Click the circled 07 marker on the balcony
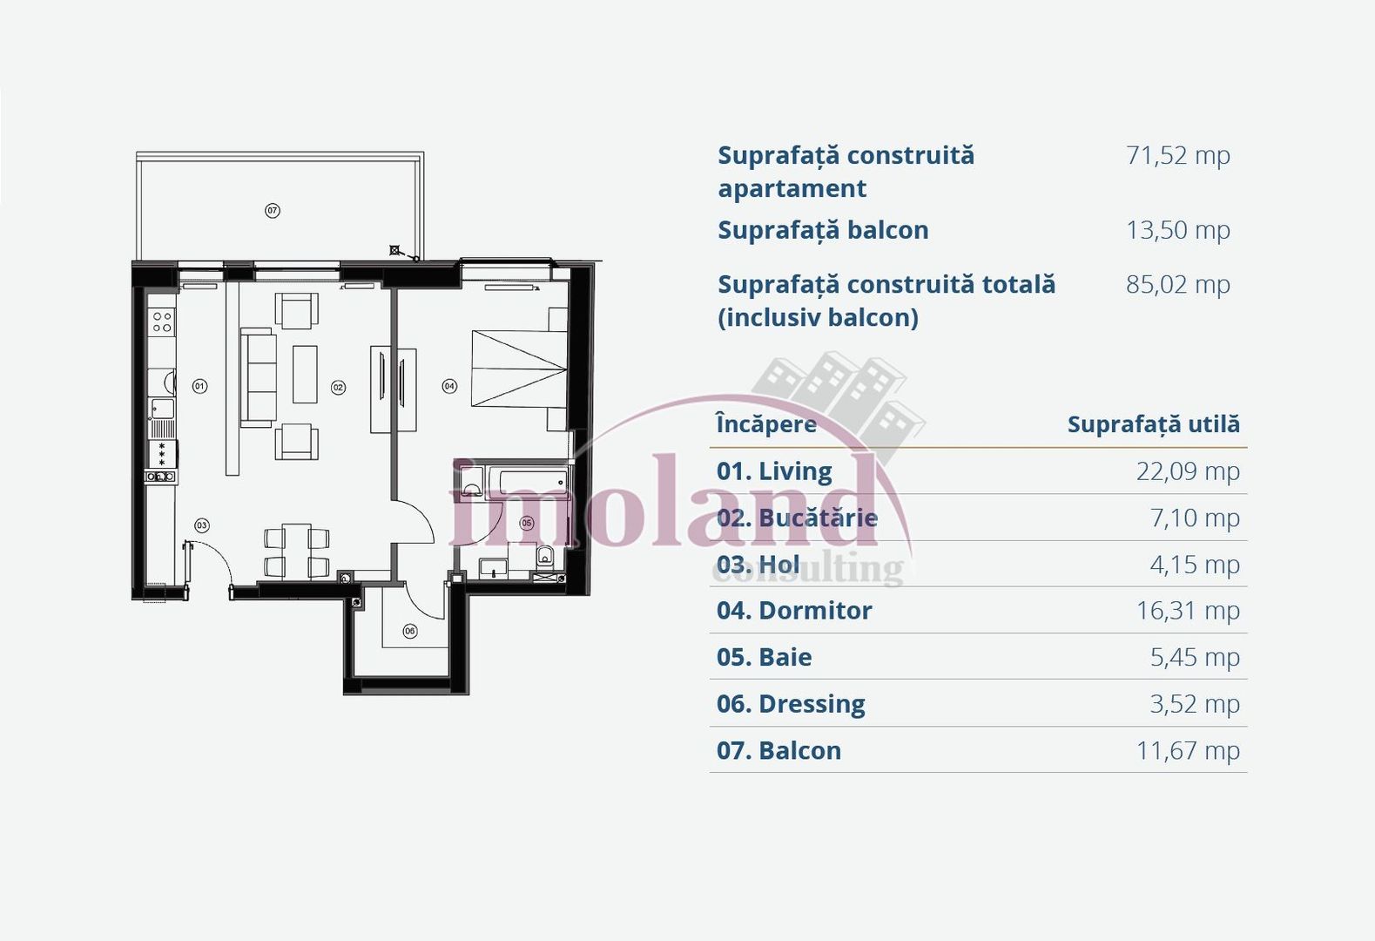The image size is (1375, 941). point(273,210)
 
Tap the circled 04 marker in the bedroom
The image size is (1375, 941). point(449,386)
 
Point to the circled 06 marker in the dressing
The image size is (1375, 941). point(410,631)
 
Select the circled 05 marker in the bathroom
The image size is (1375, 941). point(527,523)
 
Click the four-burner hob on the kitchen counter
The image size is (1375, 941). point(162,322)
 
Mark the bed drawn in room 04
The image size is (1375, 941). point(519,369)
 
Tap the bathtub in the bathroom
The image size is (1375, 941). point(528,481)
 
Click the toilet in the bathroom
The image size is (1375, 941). point(545,556)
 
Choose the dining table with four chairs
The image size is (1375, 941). point(297,551)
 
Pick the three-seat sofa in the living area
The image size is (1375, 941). point(258,377)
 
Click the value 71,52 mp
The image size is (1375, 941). point(1177,156)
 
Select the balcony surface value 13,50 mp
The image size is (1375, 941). point(1177,231)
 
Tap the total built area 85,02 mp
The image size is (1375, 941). point(1177,285)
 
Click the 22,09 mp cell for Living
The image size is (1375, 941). point(1187,471)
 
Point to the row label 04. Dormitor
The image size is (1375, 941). point(793,611)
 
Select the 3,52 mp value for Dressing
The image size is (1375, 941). point(1194,704)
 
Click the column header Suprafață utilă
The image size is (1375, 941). point(1153,424)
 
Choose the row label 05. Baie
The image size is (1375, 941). point(764,658)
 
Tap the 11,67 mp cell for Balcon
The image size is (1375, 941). point(1187,751)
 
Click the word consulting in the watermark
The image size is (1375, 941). point(808,569)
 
